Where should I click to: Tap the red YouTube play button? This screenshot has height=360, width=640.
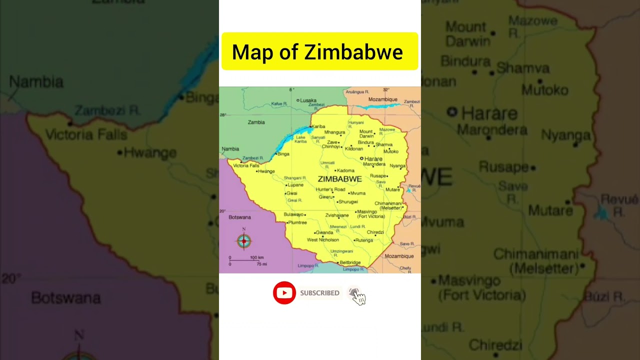[x=284, y=293]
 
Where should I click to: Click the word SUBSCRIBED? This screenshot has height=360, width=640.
[x=319, y=293]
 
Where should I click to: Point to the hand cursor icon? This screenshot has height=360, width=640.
[x=358, y=297]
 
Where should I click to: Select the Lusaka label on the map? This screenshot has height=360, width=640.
[x=308, y=100]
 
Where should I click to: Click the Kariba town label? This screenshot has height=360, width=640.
[x=318, y=126]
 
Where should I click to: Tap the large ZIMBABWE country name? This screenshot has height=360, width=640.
[x=339, y=179]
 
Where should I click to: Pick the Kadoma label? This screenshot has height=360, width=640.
[x=345, y=170]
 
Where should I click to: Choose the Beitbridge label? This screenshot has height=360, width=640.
[x=350, y=262]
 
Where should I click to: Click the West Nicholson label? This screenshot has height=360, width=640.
[x=322, y=240]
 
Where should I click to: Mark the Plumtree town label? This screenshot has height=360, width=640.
[x=297, y=222]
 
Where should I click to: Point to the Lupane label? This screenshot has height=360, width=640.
[x=295, y=185]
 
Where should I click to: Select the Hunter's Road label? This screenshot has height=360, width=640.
[x=330, y=189]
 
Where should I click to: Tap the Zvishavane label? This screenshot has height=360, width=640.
[x=337, y=215]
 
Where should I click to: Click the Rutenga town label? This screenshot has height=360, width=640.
[x=363, y=240]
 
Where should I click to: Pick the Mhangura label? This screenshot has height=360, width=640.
[x=334, y=132]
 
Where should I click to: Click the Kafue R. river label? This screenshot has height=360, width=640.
[x=279, y=104]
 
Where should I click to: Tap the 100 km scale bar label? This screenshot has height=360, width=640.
[x=257, y=257]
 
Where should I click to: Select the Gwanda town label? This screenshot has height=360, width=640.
[x=324, y=232]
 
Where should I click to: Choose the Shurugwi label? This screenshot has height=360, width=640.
[x=348, y=202]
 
